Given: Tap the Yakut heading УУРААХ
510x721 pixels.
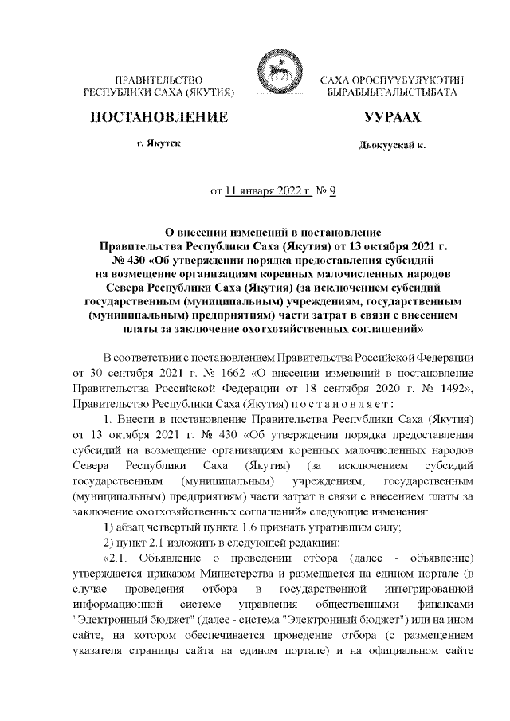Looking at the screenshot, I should tap(391, 118).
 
